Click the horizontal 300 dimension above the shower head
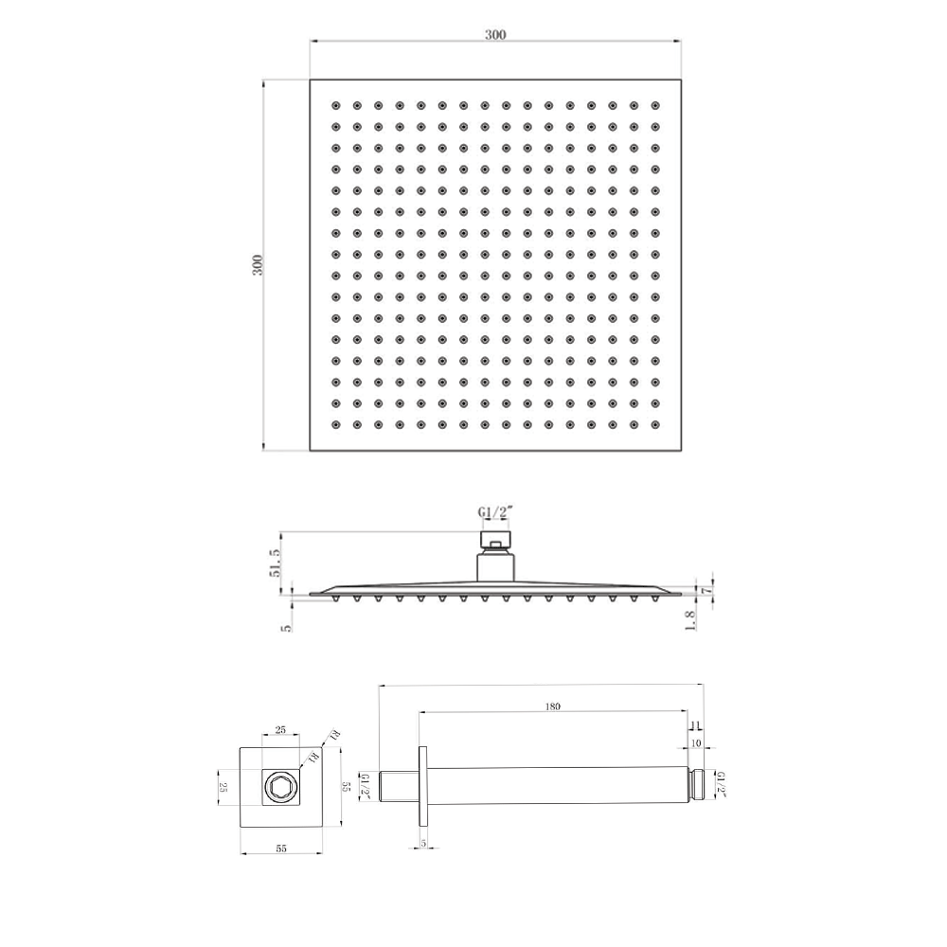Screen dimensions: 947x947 click(x=495, y=35)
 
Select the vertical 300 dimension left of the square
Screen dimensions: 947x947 click(x=257, y=265)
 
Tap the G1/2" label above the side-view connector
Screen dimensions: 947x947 click(x=494, y=512)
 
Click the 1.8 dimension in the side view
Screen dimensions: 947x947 click(x=690, y=619)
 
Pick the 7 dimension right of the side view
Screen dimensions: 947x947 click(x=705, y=588)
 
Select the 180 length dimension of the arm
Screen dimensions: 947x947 click(x=553, y=706)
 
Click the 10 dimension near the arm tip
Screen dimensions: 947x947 click(x=696, y=743)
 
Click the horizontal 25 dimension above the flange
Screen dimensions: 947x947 click(x=280, y=730)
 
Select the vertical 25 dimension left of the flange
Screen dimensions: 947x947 click(x=224, y=787)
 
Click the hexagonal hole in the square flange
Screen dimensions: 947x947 click(x=280, y=787)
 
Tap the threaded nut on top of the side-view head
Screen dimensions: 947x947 click(x=495, y=542)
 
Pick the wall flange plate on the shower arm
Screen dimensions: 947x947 click(x=421, y=787)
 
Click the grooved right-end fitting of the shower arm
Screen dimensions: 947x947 click(x=700, y=787)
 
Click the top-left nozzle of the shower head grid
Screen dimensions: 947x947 click(x=334, y=105)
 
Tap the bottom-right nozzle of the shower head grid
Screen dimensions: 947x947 click(x=653, y=425)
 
